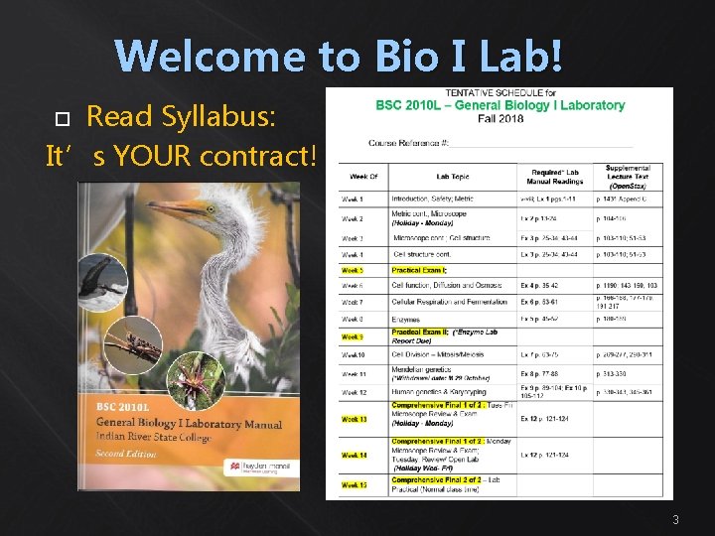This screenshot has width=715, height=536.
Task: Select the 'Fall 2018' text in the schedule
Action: coord(500,118)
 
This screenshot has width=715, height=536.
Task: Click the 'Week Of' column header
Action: coord(362,177)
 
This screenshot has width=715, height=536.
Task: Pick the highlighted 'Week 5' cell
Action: coord(353,270)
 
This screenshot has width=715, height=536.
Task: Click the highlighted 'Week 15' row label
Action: coord(355,485)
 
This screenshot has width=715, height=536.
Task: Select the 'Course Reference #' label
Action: coord(407,143)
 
